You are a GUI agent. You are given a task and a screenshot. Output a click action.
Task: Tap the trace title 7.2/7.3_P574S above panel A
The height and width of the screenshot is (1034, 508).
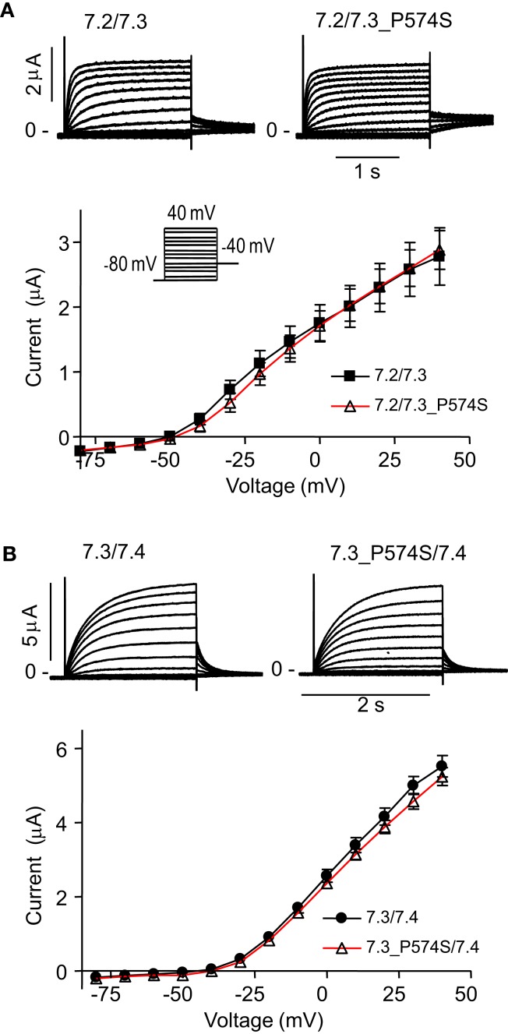tap(371, 34)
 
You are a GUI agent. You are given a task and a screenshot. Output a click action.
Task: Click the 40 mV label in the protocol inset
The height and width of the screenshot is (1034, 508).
tap(191, 213)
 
